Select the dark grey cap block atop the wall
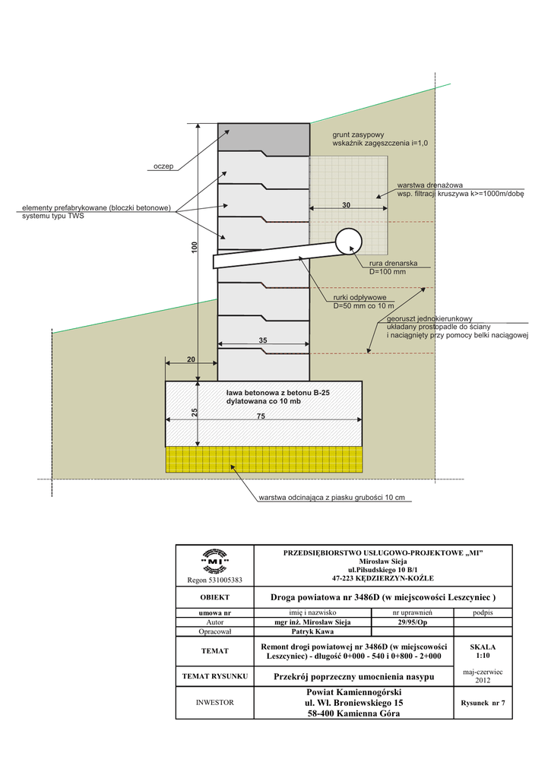264,137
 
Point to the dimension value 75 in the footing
260,416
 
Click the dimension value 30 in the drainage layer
346,205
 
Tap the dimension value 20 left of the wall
191,360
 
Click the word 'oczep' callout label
163,166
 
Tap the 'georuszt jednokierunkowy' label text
430,319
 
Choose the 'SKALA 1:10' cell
483,650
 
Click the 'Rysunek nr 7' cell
483,703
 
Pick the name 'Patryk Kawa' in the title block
314,631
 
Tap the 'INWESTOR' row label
214,703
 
